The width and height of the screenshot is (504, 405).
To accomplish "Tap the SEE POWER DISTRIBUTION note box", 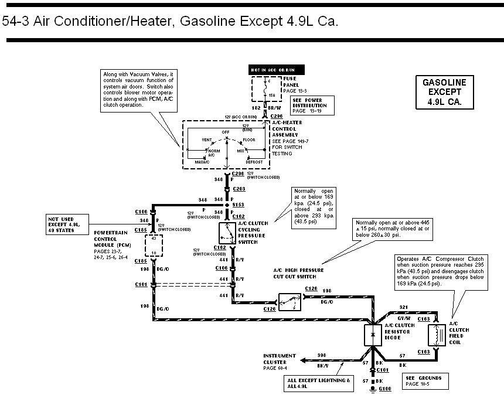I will (x=312, y=105).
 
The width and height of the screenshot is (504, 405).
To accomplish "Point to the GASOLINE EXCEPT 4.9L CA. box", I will (x=445, y=91).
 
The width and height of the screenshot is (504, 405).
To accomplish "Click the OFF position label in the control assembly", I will (x=226, y=132).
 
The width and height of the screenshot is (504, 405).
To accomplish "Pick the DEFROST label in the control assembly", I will (x=254, y=161).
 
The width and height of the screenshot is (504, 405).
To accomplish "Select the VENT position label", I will (x=206, y=140).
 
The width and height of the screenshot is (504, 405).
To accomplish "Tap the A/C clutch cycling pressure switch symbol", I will (x=227, y=233).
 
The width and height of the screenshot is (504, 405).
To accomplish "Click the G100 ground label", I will (x=385, y=389).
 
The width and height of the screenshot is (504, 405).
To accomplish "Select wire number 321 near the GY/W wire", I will (x=403, y=307).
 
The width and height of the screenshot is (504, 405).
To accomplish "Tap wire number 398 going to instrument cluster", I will (x=322, y=356).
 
